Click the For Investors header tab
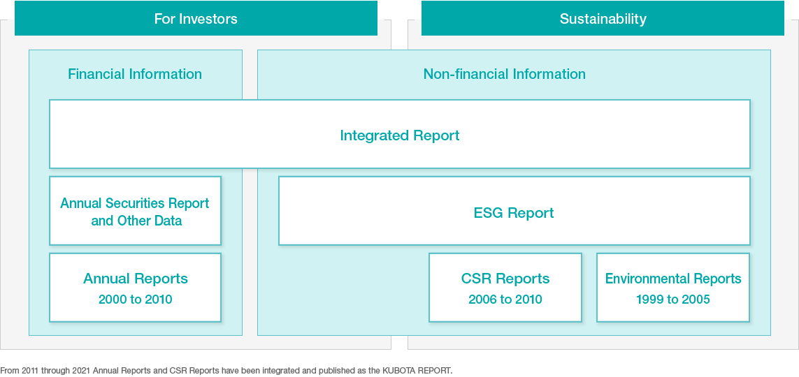pos(196,18)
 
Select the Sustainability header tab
pos(603,18)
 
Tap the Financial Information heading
pos(135,74)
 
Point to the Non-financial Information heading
pos(505,74)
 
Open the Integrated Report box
pos(400,134)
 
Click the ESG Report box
pos(514,211)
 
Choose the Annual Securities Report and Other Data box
pos(135,211)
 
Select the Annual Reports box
pos(135,288)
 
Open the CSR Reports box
pos(505,288)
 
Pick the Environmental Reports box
pos(673,288)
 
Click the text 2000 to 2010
pos(136,300)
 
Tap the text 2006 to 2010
pos(505,300)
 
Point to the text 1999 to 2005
pos(673,300)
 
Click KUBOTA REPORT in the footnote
pos(416,371)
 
